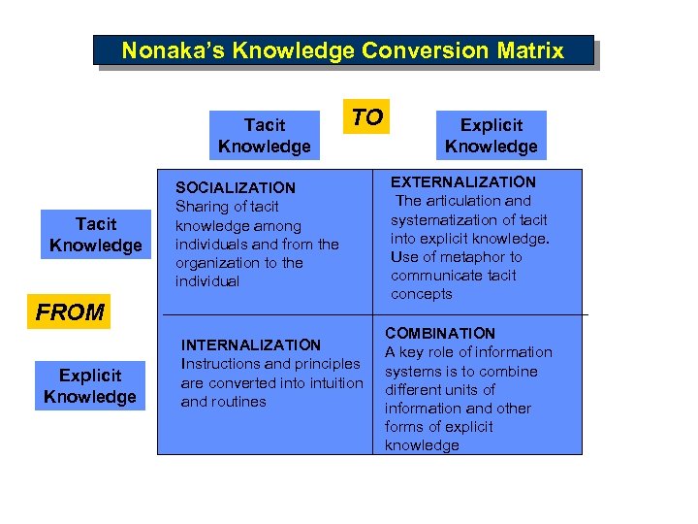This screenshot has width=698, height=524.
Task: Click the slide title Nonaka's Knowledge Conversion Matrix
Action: pyautogui.click(x=343, y=50)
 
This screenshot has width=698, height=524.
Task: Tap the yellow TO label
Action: pyautogui.click(x=366, y=117)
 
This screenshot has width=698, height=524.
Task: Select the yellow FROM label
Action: pyautogui.click(x=69, y=312)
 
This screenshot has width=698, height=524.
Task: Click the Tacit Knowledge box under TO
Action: pyautogui.click(x=264, y=136)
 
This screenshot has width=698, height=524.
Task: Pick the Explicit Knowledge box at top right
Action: pyautogui.click(x=491, y=136)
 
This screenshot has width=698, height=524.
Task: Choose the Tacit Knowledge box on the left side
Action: pyautogui.click(x=95, y=235)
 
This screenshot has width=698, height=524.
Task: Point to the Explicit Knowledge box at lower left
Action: pyautogui.click(x=90, y=385)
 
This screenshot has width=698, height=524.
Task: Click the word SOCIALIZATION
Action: pyautogui.click(x=236, y=187)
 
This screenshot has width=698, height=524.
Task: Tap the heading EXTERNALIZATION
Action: pyautogui.click(x=462, y=181)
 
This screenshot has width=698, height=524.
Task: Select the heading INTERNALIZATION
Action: pyautogui.click(x=251, y=344)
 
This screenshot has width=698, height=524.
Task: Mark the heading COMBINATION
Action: pyautogui.click(x=440, y=333)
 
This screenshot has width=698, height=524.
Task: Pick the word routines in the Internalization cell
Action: pyautogui.click(x=238, y=401)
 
